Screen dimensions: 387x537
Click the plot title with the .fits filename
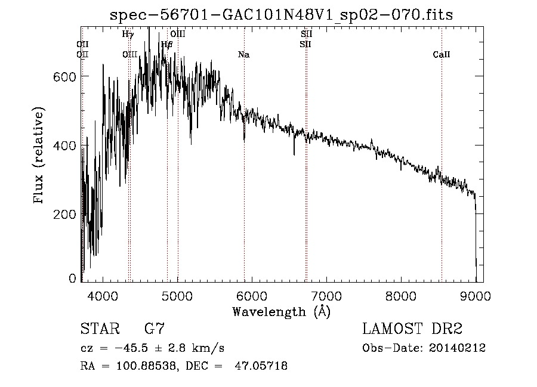[x=282, y=15]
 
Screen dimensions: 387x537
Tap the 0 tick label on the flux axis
[x=72, y=278]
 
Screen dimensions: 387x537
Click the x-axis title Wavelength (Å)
[x=281, y=311]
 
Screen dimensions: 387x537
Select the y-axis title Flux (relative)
[x=40, y=156]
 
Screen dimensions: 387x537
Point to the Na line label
[x=243, y=55]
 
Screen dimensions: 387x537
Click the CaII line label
[x=441, y=55]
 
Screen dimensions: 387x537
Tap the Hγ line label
[x=128, y=35]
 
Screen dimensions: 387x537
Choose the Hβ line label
[x=167, y=44]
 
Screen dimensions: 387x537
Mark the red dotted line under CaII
[x=442, y=179]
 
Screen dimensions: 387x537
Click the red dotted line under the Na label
[x=244, y=179]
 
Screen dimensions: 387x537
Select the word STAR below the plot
[x=100, y=329]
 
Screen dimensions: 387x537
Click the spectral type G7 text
[x=155, y=329]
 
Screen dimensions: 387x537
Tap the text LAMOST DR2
[x=412, y=329]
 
